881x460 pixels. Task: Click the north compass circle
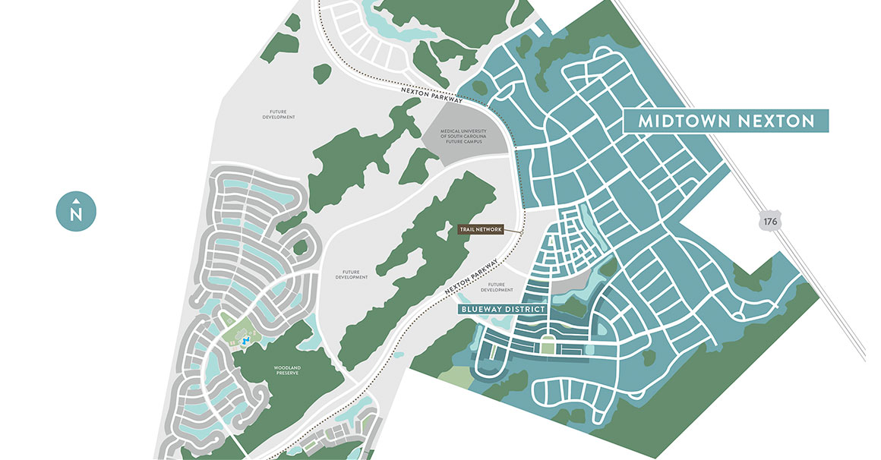[76, 210]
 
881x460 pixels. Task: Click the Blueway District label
[502, 309]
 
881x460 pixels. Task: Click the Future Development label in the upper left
[279, 114]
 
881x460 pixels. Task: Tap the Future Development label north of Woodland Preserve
[352, 274]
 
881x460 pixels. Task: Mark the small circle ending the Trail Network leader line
[522, 232]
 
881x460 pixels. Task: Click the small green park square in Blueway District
[548, 348]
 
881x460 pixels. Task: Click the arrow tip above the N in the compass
[76, 201]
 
